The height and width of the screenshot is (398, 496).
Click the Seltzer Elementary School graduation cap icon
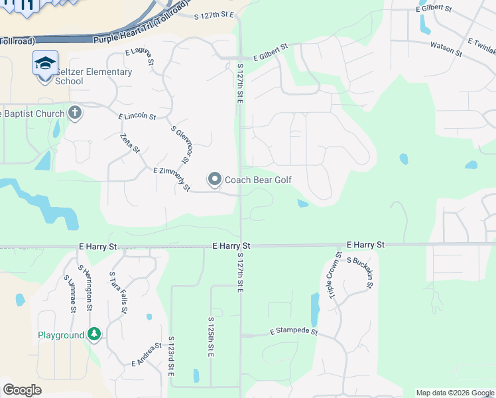(45, 64)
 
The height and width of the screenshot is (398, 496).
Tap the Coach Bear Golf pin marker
(215, 180)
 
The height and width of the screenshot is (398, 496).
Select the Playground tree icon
(94, 334)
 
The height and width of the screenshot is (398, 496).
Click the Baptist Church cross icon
(74, 112)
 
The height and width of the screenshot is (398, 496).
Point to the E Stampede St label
(294, 331)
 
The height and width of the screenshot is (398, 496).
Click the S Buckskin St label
(361, 272)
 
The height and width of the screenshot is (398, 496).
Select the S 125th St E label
(210, 338)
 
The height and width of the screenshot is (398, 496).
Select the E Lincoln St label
(137, 116)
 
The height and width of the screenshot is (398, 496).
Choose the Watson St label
(446, 48)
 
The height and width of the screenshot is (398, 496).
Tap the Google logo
(22, 390)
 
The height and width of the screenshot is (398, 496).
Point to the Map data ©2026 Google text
(455, 393)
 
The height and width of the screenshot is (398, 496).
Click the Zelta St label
(130, 143)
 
